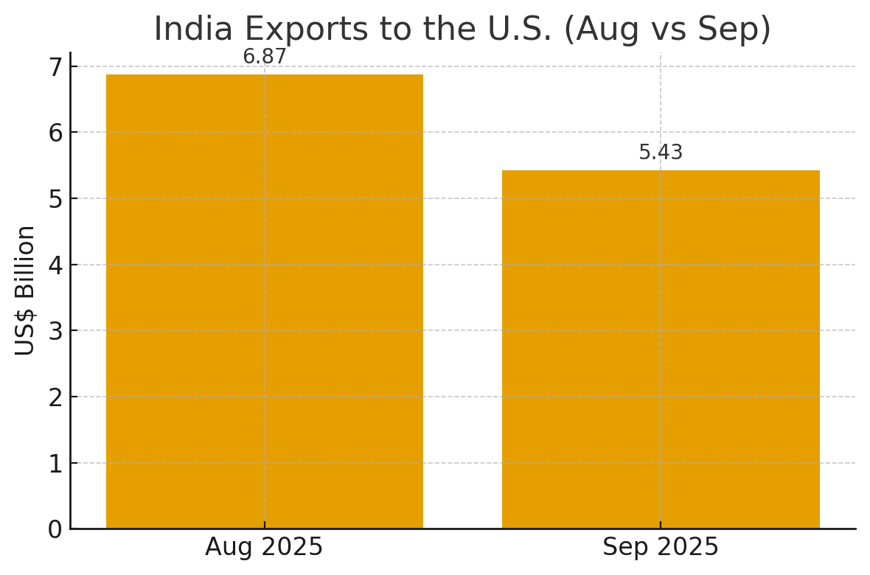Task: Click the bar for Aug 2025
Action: (264, 302)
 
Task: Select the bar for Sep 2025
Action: (661, 349)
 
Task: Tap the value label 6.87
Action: (264, 57)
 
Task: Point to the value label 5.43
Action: (661, 153)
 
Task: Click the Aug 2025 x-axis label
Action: (264, 548)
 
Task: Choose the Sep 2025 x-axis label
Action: (661, 548)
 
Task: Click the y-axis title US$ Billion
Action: (26, 290)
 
